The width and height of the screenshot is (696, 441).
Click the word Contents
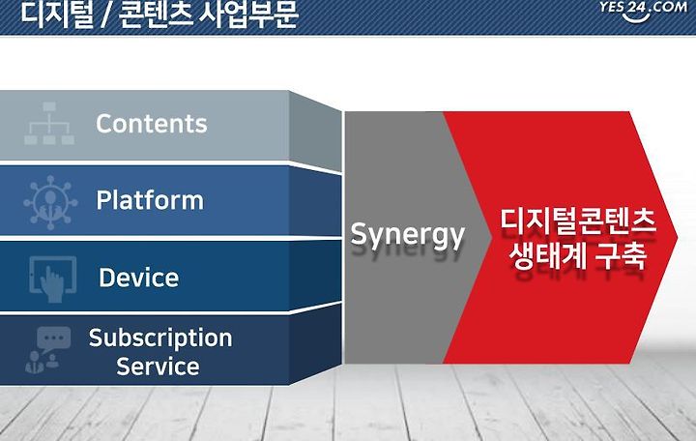[152, 124]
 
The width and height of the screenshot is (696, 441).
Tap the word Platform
[150, 200]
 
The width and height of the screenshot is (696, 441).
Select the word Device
[138, 278]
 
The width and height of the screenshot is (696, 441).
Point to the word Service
[158, 367]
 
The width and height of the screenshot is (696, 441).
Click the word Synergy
[408, 235]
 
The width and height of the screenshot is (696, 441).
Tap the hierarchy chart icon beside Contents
[49, 123]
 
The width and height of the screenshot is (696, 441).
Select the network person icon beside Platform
[50, 202]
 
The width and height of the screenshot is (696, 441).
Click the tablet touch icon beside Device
[52, 279]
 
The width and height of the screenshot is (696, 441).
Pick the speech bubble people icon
[48, 349]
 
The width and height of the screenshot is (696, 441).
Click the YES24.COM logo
[642, 10]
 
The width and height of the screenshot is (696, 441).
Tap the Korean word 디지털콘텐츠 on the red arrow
[578, 220]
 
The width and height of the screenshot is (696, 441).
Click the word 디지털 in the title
[57, 15]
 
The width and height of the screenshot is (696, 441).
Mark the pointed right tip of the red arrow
[677, 237]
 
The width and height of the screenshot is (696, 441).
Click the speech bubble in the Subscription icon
[54, 338]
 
